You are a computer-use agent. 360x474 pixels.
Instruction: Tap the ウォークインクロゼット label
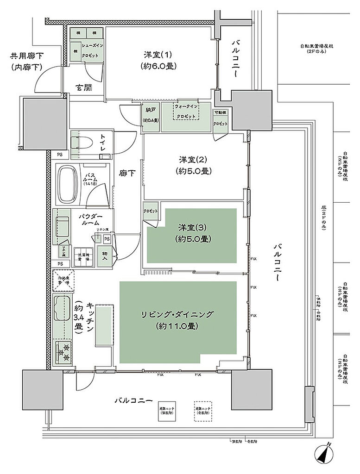pyautogui.click(x=188, y=112)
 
